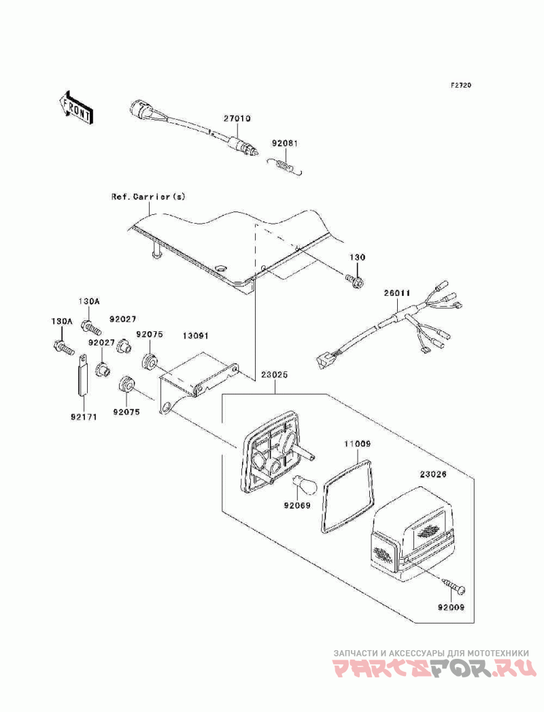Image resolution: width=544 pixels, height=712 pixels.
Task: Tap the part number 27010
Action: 237,118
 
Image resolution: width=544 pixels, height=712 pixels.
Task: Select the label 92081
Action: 285,143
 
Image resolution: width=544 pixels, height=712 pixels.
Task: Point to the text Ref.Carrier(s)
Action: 148,197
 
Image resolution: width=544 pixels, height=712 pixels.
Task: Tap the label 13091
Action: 194,336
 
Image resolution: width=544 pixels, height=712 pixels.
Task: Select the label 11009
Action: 356,443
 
